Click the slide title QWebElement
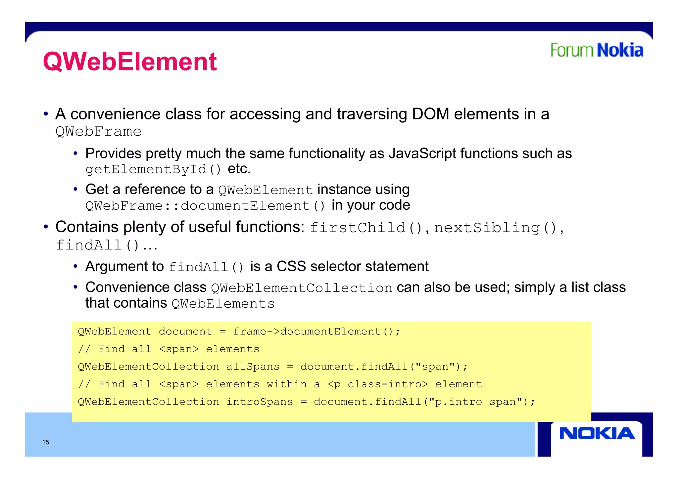coord(130,62)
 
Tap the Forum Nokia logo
coord(597,50)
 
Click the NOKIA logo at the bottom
coord(597,433)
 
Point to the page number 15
coord(46,442)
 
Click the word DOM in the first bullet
coord(430,114)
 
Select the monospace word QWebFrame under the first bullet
coord(98,132)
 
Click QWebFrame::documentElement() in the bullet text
coord(205,206)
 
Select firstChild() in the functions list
coord(365,228)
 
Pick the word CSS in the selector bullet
coord(291,266)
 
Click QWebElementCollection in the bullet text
coord(301,288)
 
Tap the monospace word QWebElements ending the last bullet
coord(223,303)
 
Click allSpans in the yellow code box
coord(253,367)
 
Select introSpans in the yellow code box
coord(260,402)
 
